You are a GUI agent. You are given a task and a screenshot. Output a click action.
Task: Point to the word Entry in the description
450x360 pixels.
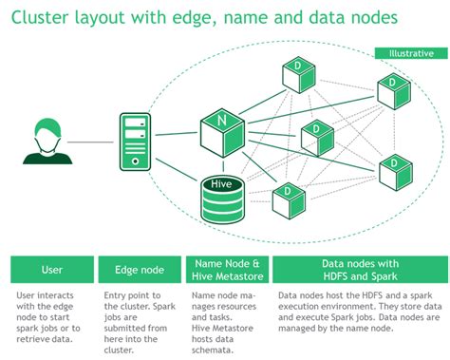(x=116, y=296)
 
